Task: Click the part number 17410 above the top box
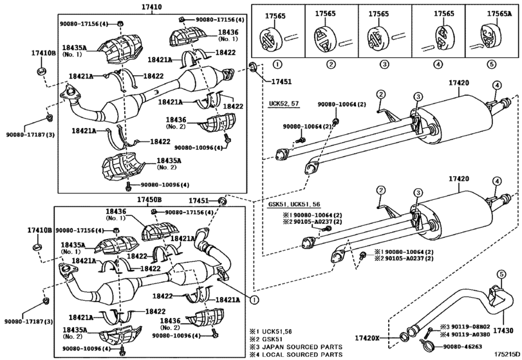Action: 151,6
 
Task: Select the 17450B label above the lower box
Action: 149,200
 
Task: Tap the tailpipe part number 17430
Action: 504,330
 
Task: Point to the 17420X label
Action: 367,338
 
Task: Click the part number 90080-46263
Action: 462,346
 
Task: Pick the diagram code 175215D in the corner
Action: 507,354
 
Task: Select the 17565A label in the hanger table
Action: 499,14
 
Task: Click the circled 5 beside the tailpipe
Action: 501,274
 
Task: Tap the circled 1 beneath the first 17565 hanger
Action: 277,64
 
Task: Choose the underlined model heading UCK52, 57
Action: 284,104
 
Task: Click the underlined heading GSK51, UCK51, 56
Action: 294,204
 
